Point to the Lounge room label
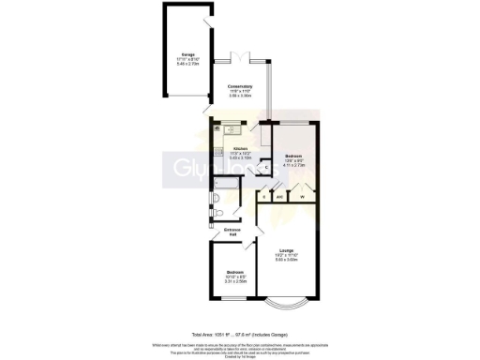coord(285,250)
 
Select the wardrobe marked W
coord(302,198)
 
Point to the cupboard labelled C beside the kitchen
coord(266,167)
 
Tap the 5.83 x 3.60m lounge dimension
coord(285,260)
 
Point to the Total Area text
coord(239,334)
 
